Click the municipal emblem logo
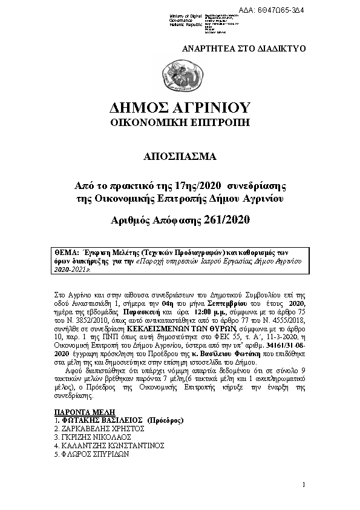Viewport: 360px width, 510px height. pos(180,79)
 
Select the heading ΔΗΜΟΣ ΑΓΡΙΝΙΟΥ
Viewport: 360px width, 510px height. pos(180,109)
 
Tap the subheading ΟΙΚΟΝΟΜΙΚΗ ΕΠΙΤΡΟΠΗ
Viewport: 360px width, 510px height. pos(180,124)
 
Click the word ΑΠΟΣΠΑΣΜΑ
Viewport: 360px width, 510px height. pos(180,157)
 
